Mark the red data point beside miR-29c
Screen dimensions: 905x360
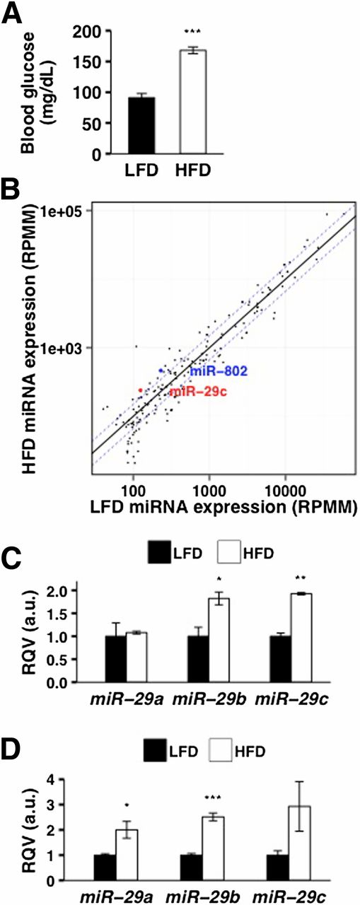[141, 390]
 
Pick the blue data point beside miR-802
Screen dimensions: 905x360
[161, 370]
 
